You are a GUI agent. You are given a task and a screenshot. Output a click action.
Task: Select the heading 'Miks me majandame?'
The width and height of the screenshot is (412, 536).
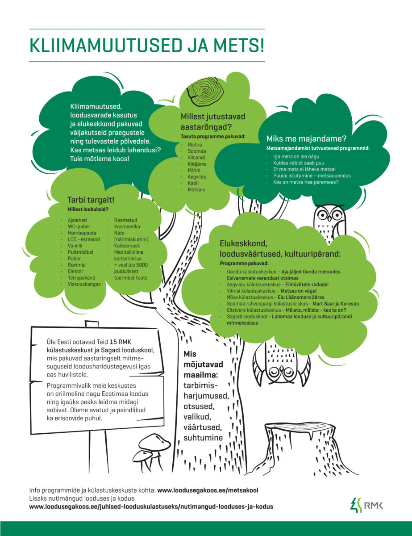306,139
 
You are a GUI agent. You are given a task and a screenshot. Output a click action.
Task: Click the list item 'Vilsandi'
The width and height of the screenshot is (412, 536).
196,158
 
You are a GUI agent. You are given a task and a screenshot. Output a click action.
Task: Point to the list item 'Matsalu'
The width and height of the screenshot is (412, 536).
196,190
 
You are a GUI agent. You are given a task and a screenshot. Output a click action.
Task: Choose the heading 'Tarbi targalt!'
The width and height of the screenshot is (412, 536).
91,200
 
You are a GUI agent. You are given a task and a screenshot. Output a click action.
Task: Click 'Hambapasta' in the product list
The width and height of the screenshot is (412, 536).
82,233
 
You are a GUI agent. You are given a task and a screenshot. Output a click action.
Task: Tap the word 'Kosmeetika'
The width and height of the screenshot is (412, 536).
127,226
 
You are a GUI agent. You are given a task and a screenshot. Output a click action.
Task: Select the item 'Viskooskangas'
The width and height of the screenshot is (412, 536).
84,284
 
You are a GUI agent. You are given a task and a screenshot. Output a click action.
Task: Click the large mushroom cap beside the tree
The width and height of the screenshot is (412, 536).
154,442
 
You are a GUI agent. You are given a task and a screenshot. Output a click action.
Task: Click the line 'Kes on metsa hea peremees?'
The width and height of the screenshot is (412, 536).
306,182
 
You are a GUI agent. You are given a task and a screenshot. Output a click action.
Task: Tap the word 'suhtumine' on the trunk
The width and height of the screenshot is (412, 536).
203,438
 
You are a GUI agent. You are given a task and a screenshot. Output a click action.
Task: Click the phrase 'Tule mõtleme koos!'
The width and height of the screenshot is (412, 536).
100,159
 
